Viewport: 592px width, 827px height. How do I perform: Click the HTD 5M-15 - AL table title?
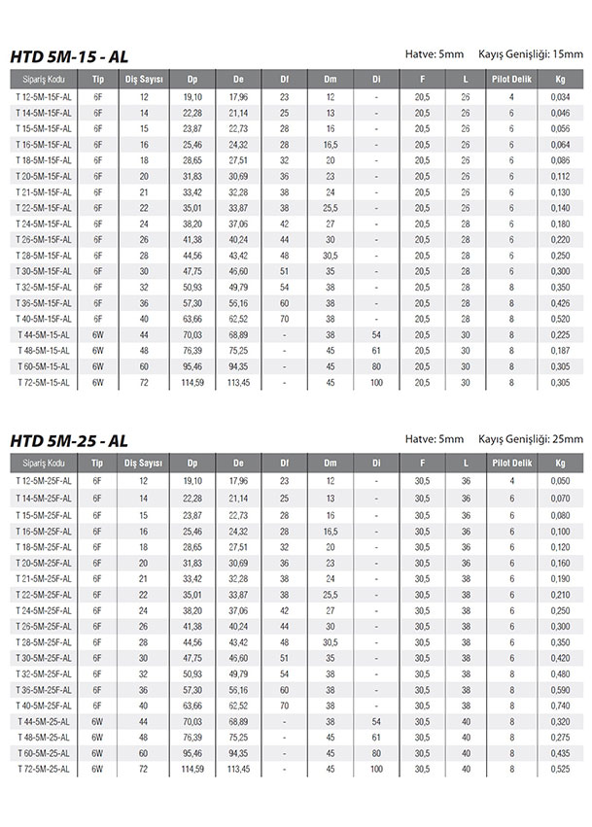(68, 57)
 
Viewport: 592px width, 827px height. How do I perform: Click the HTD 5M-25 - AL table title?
(68, 440)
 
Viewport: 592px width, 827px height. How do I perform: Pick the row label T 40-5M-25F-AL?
(43, 704)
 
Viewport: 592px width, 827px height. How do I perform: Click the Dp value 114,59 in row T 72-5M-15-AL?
(192, 383)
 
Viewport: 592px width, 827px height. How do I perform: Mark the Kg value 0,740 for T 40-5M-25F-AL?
(560, 704)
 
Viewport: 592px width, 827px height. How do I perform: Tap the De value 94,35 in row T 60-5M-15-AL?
(238, 367)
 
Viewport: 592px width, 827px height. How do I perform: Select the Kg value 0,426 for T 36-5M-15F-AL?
(560, 303)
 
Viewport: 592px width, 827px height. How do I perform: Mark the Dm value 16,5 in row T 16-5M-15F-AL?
(331, 144)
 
